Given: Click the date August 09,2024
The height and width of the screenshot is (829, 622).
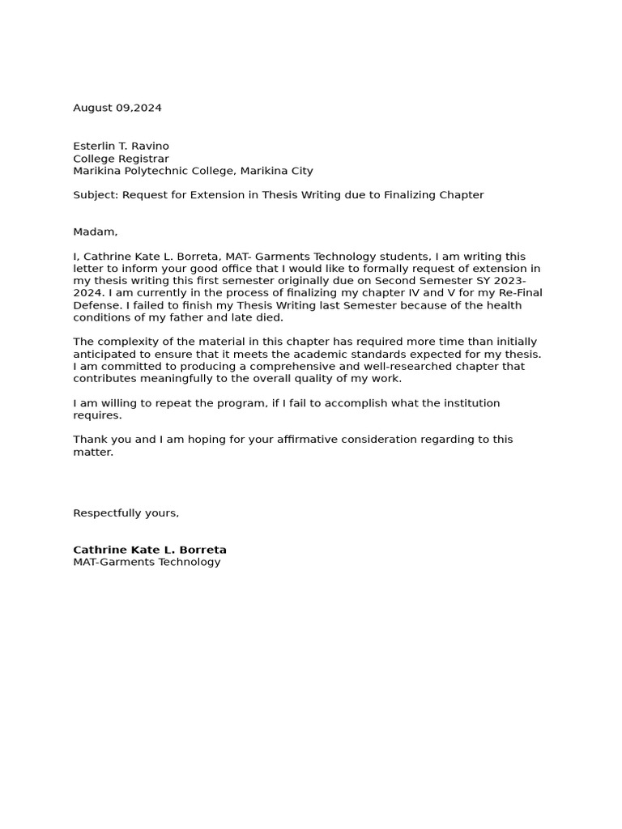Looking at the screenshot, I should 117,108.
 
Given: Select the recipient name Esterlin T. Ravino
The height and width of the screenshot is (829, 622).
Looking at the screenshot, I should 121,147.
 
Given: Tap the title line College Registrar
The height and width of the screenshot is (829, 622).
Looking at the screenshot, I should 121,159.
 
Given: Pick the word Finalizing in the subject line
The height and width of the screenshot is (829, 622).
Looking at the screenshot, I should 404,195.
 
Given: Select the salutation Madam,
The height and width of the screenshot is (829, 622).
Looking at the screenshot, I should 96,232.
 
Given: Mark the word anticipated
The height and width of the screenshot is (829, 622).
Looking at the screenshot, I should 106,354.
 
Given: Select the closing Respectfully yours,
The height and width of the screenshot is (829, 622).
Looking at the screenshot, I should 126,513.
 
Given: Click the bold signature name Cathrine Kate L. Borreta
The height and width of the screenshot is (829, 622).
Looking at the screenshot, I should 150,550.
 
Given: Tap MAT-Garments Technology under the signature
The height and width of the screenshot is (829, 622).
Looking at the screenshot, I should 147,562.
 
